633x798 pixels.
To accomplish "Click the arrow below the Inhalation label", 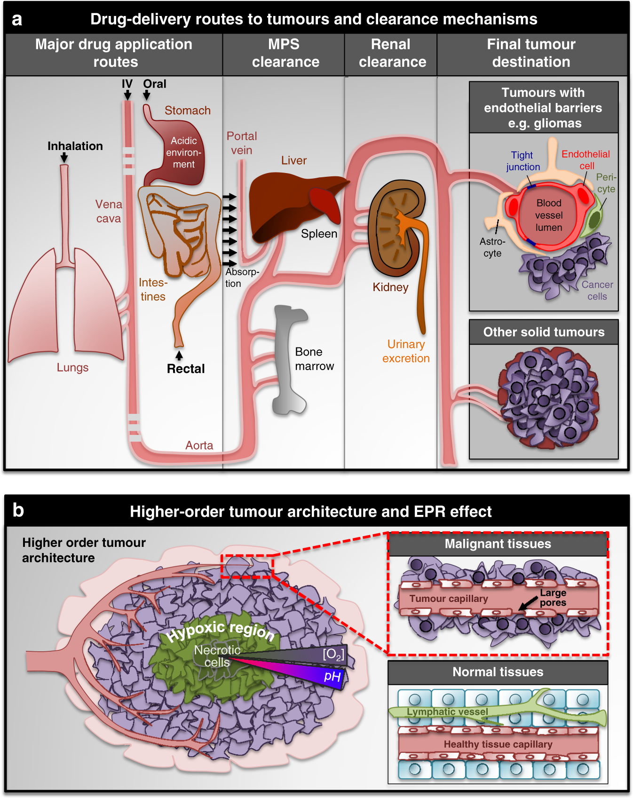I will point(64,158).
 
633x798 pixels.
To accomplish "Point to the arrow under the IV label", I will point(127,95).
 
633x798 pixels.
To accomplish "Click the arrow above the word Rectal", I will point(179,355).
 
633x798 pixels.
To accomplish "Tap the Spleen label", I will point(319,234).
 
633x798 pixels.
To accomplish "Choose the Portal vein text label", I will point(242,143).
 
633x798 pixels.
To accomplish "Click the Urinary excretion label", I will point(406,351).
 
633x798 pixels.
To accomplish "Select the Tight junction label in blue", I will point(522,161).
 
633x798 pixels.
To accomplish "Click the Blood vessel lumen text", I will point(549,215).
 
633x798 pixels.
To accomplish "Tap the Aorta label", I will point(199,445).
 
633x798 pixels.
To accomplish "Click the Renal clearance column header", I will point(392,53).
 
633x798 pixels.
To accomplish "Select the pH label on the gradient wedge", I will point(332,676).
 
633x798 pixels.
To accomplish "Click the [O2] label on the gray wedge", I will point(333,654).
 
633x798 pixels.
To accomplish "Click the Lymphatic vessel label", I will point(447,711).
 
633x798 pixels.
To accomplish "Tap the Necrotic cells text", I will point(217,656).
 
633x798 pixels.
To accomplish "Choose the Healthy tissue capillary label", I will point(498,744).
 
